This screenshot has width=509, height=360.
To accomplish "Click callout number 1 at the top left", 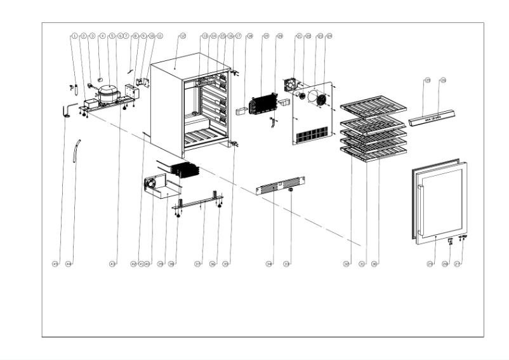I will point(75,36).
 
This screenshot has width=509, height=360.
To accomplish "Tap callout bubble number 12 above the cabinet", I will point(182,36).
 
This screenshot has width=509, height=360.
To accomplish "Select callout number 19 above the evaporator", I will point(266,36).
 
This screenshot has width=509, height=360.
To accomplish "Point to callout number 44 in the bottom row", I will point(69,263).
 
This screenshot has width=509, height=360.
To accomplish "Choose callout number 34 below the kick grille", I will point(269,263).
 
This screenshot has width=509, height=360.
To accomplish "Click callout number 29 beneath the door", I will point(430,263).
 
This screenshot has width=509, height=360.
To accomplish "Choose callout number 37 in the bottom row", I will point(198,263).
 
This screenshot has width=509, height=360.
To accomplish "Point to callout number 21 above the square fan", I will point(298,36).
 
